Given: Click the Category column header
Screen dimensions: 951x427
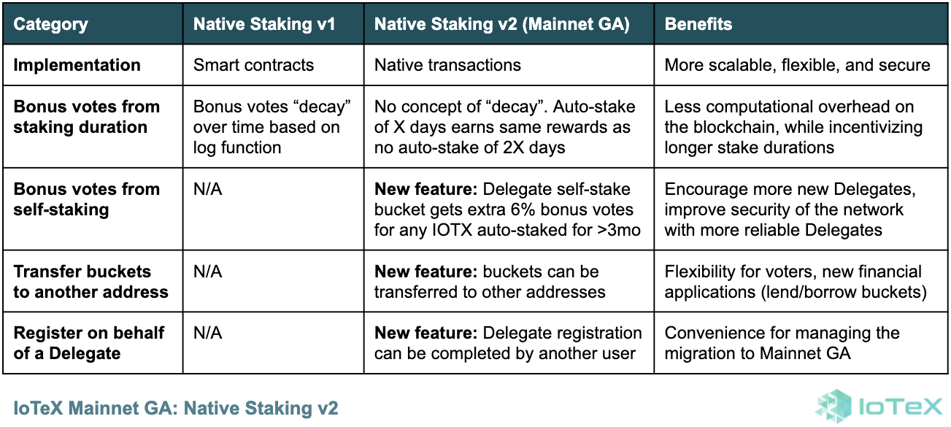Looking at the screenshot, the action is click(x=50, y=24).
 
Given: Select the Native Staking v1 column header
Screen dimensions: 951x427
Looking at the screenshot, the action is click(x=264, y=24).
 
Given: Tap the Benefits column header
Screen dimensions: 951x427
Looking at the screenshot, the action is click(x=698, y=24).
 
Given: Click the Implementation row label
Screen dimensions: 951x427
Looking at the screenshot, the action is click(x=77, y=65).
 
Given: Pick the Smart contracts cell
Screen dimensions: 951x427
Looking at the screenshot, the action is click(x=253, y=65).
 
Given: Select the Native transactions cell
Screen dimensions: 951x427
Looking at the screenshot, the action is click(x=447, y=65).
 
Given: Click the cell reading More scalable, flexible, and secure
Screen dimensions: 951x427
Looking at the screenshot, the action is click(x=797, y=65).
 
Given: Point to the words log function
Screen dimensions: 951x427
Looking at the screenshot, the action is click(x=237, y=147).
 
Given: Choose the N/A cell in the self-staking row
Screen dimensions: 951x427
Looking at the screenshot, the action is click(x=207, y=189).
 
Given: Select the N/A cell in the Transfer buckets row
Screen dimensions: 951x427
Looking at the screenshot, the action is click(x=207, y=272).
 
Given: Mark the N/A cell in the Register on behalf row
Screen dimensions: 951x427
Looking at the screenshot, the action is click(x=207, y=333).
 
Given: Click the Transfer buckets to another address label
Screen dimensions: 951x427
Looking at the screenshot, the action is click(x=91, y=282).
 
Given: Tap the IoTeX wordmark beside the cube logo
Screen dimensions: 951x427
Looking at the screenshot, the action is click(x=901, y=407).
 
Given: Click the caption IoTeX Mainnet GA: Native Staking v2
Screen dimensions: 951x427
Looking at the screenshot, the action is click(x=176, y=408).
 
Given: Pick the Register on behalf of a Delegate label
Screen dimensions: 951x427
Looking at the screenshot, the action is click(x=88, y=343).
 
